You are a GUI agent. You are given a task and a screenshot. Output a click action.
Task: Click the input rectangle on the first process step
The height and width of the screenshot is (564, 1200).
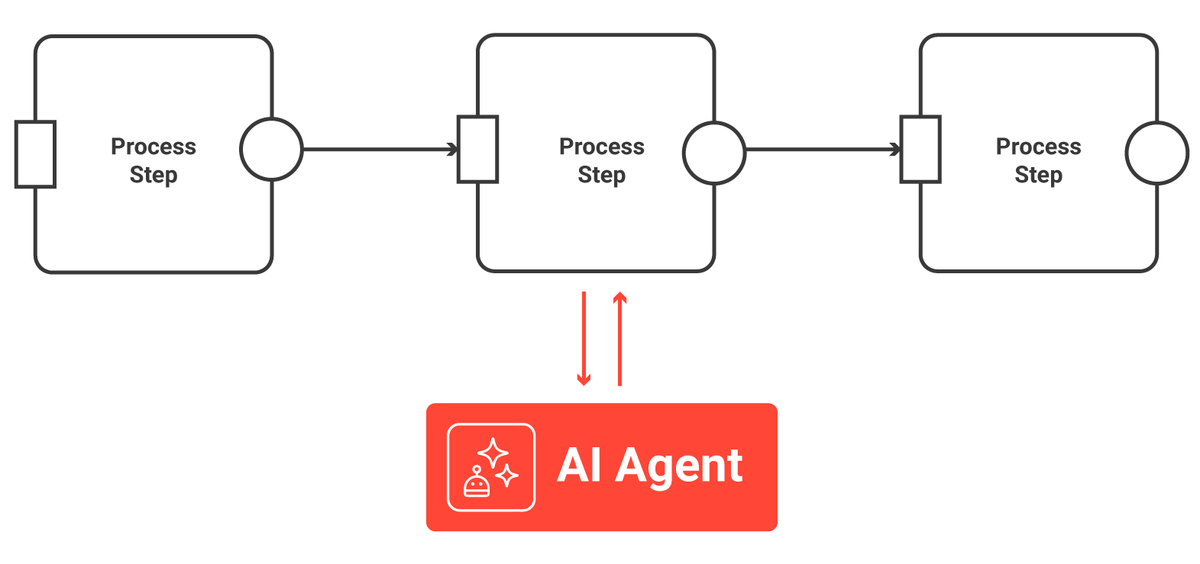pyautogui.click(x=35, y=154)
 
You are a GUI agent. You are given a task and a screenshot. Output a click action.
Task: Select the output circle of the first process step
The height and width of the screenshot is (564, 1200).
pyautogui.click(x=271, y=150)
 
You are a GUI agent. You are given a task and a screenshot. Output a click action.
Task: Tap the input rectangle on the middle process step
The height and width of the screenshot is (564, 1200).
pyautogui.click(x=477, y=150)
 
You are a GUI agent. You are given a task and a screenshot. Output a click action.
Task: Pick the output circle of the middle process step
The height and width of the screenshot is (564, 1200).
pyautogui.click(x=713, y=153)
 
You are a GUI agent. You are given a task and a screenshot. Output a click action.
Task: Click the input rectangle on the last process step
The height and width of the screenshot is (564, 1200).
pyautogui.click(x=920, y=150)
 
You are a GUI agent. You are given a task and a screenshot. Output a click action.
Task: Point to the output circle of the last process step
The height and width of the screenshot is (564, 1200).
pyautogui.click(x=1156, y=153)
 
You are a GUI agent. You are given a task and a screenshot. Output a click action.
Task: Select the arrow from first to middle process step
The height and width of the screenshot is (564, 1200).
pyautogui.click(x=379, y=150)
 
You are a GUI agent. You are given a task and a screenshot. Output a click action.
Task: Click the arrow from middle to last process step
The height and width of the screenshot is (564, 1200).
pyautogui.click(x=822, y=150)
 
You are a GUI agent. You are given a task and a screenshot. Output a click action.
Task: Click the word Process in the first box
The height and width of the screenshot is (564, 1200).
pyautogui.click(x=153, y=147)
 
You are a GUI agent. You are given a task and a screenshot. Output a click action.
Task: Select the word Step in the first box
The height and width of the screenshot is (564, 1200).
pyautogui.click(x=153, y=176)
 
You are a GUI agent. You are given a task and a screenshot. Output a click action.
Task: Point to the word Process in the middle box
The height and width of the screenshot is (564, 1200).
pyautogui.click(x=601, y=147)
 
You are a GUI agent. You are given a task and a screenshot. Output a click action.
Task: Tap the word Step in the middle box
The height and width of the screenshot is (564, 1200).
pyautogui.click(x=601, y=176)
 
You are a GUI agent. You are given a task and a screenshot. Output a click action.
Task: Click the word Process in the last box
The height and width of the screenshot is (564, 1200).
pyautogui.click(x=1038, y=147)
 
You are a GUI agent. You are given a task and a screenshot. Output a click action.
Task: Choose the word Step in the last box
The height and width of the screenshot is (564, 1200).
pyautogui.click(x=1038, y=176)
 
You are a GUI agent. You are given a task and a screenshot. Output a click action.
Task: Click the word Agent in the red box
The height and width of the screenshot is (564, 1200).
pyautogui.click(x=679, y=466)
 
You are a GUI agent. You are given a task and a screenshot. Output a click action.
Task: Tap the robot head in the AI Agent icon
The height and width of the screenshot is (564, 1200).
pyautogui.click(x=477, y=484)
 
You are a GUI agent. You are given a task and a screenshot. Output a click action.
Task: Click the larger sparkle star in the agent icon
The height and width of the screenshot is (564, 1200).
pyautogui.click(x=493, y=453)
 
